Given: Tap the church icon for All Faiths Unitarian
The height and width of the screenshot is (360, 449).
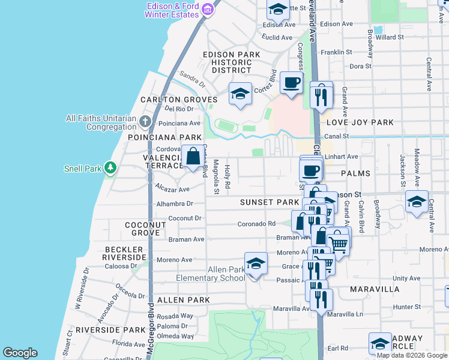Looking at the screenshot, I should pos(145,122).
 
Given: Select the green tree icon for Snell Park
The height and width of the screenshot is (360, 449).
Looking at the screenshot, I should pos(110,168).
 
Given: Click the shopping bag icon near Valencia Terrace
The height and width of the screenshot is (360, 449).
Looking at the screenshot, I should pos(193,157).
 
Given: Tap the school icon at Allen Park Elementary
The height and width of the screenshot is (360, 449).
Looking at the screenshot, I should pos(256,264).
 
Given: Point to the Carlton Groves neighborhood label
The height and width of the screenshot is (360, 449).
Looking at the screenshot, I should pos(178,100).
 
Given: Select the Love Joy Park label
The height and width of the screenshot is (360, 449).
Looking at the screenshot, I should pos(360,122).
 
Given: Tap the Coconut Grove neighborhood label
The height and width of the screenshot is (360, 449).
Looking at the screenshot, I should pos(145,229).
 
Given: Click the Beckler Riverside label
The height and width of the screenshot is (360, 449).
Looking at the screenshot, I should pos(125,253).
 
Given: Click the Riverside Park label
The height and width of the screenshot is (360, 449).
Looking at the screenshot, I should pos(101,330).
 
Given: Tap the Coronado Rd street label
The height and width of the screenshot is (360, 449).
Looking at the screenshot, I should pos(256,224).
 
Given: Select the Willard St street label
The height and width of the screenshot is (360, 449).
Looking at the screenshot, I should pos(390,37).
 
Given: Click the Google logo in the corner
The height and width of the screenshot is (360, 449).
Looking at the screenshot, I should pos(20,353).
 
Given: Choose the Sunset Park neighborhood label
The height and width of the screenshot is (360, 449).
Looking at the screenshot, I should pos(270,203).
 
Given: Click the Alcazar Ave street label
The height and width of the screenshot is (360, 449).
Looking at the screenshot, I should pos(172,188).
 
